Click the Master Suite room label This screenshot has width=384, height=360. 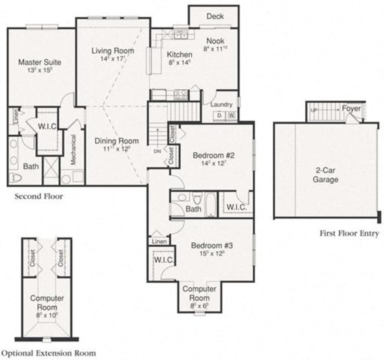pyautogui.click(x=40, y=62)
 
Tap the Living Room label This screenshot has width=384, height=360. pyautogui.click(x=112, y=51)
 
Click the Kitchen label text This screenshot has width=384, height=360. pyautogui.click(x=179, y=55)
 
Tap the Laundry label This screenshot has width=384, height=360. pyautogui.click(x=221, y=104)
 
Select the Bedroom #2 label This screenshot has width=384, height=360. pyautogui.click(x=211, y=155)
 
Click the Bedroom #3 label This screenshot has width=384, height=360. pyautogui.click(x=211, y=245)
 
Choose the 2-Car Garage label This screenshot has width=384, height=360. pyautogui.click(x=325, y=175)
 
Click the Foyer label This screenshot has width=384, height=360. pyautogui.click(x=351, y=109)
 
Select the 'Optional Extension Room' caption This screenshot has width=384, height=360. pyautogui.click(x=48, y=352)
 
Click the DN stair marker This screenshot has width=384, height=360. pyautogui.click(x=157, y=151)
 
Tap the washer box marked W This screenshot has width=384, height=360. pyautogui.click(x=231, y=116)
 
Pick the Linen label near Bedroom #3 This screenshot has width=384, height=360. pyautogui.click(x=159, y=241)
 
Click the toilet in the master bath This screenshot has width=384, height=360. pyautogui.click(x=15, y=177)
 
